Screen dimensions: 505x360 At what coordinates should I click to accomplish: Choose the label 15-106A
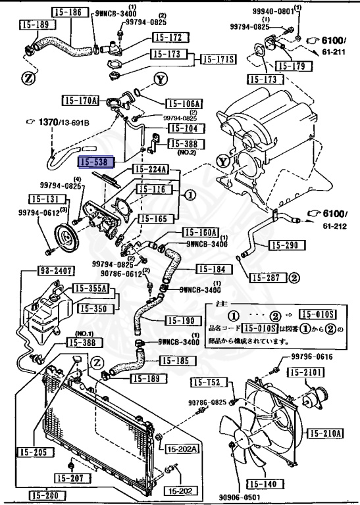coord(184,103)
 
